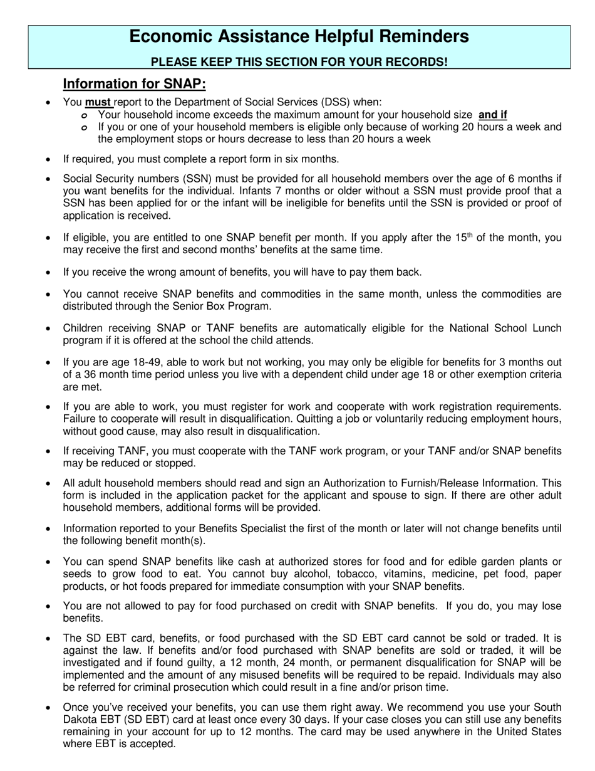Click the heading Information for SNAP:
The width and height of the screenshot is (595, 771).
point(134,84)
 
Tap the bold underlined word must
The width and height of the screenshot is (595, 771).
point(98,102)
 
